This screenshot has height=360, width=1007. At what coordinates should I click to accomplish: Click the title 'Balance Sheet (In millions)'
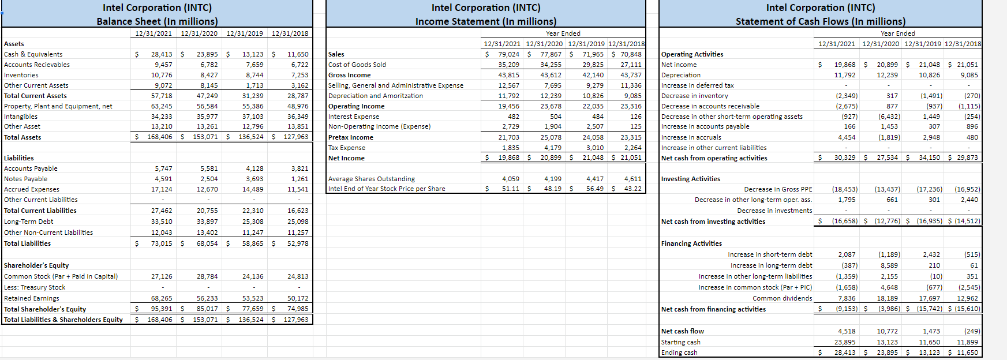[x=157, y=21]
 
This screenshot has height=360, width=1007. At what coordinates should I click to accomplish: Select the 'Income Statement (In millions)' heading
[x=486, y=21]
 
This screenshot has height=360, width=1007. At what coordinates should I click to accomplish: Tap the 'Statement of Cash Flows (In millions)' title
[x=820, y=21]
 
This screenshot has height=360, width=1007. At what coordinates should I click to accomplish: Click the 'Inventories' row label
[x=21, y=75]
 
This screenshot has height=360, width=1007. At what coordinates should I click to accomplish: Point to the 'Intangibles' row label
[x=21, y=117]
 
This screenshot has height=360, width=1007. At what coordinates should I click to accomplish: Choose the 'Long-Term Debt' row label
[x=29, y=222]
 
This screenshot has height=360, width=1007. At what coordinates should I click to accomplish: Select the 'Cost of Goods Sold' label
[x=357, y=65]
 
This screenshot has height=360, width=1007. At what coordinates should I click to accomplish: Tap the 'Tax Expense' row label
[x=347, y=148]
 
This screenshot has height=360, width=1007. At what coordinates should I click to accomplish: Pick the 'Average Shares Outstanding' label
[x=372, y=179]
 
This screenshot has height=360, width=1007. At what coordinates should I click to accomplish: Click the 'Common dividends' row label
[x=782, y=298]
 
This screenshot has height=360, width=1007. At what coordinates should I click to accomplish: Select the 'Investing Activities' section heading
[x=691, y=179]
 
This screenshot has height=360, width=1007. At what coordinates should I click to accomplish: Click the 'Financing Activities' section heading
[x=691, y=243]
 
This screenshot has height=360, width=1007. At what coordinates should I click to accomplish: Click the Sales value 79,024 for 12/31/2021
[x=509, y=54]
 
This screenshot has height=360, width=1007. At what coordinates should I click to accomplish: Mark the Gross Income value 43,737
[x=631, y=75]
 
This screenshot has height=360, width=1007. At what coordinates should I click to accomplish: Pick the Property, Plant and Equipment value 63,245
[x=162, y=106]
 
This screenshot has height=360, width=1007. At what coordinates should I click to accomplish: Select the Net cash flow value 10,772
[x=888, y=331]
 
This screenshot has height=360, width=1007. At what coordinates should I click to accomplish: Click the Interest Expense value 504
[x=556, y=117]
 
